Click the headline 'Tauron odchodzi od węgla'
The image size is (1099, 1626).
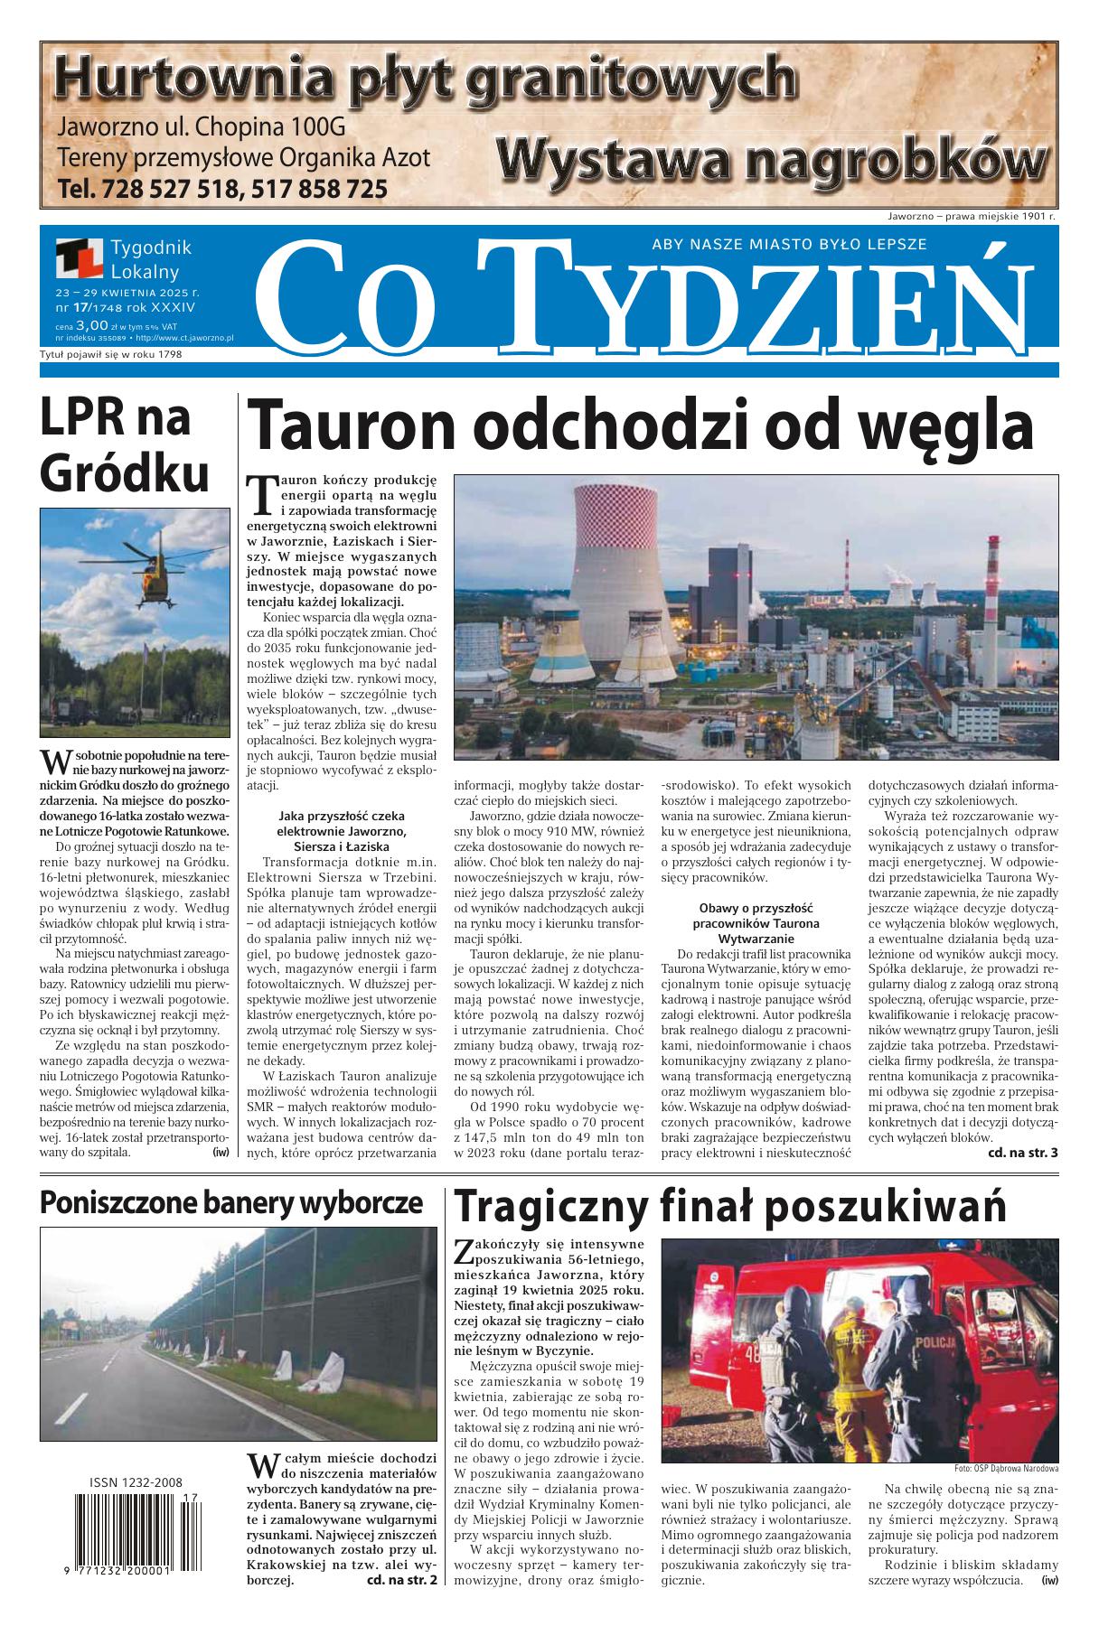639,426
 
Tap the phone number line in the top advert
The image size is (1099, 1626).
221,189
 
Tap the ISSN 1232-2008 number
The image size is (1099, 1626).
136,1482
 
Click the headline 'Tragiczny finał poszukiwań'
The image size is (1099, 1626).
729,1207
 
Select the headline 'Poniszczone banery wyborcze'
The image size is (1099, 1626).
231,1203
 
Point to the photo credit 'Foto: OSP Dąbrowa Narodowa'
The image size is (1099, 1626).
1006,1469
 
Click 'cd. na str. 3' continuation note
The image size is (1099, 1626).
1022,1154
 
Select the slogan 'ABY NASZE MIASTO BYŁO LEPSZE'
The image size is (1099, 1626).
789,244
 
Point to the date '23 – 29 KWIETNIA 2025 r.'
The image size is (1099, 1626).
127,293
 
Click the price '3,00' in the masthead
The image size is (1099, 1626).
92,324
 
